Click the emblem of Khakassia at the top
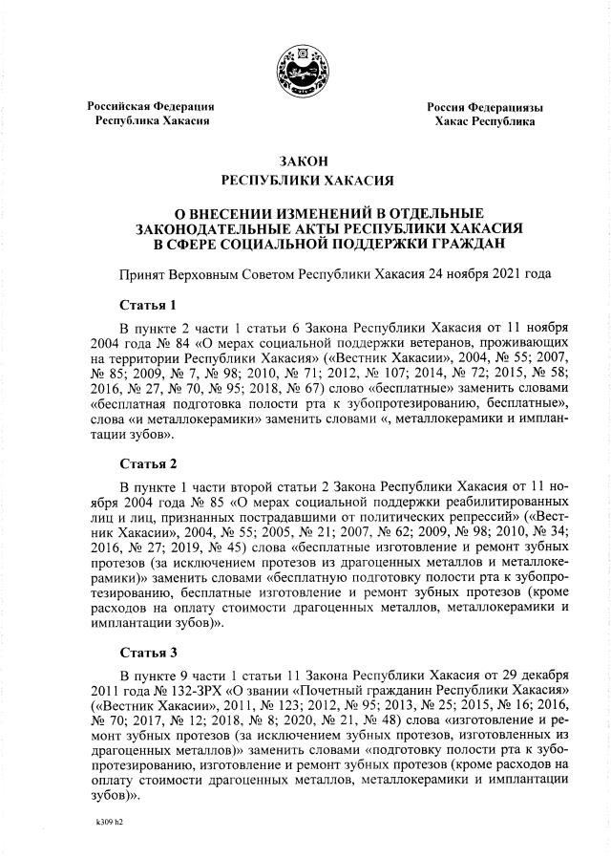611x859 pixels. tap(305, 72)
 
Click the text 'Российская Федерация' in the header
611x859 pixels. tap(151, 106)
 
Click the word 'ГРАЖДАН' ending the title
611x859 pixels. tap(463, 244)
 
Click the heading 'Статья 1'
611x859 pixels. tap(148, 306)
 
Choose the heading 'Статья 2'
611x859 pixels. tap(148, 464)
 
